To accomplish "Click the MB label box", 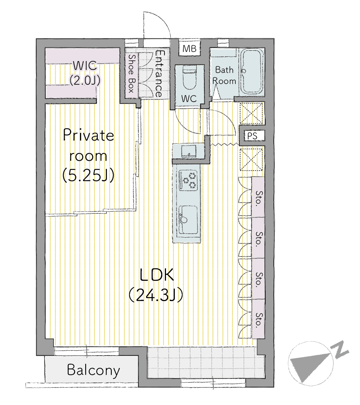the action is click(x=190, y=48).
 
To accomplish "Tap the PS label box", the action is click(x=252, y=136).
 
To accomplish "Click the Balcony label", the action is click(x=93, y=370).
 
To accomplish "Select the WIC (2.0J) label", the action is click(x=85, y=73).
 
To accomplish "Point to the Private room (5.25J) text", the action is click(x=89, y=156).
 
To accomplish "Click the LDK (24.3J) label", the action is click(x=156, y=285).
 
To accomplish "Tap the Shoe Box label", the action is click(x=132, y=74).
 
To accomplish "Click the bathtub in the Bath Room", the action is click(x=252, y=71).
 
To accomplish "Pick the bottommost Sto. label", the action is click(x=259, y=320).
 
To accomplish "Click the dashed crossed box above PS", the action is click(x=251, y=113).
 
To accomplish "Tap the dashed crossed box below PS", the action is click(x=251, y=159).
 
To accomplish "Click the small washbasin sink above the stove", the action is click(x=188, y=151).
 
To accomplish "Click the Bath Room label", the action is click(x=224, y=76).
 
